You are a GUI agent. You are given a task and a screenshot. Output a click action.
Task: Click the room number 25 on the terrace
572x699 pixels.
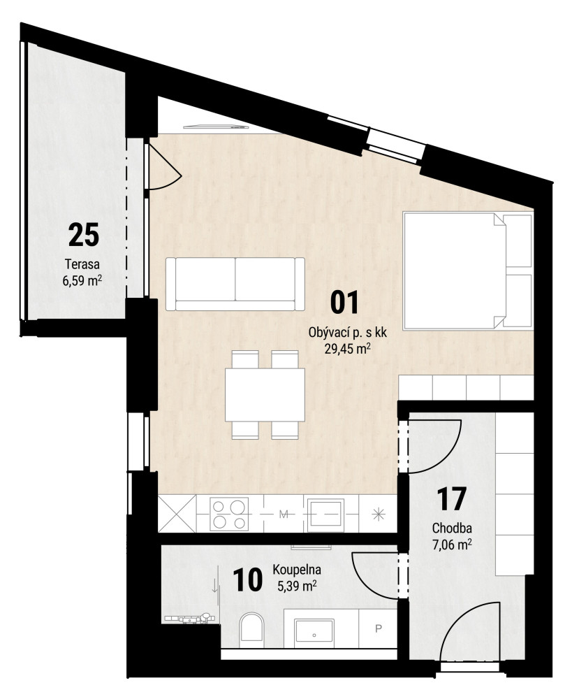(83, 235)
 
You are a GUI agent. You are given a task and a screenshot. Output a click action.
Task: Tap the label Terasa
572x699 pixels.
(82, 264)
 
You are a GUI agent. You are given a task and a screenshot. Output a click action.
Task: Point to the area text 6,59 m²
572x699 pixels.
(82, 281)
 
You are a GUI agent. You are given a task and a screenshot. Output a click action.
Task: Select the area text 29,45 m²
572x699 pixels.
(348, 348)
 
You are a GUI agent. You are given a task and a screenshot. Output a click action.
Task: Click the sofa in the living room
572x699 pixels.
(235, 284)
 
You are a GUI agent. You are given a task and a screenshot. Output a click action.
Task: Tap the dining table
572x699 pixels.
(265, 395)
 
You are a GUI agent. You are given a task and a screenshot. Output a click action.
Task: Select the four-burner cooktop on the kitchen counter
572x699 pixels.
(229, 514)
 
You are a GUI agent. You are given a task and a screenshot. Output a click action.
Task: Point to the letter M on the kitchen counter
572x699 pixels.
(284, 514)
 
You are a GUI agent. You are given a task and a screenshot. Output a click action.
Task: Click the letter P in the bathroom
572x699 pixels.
(379, 628)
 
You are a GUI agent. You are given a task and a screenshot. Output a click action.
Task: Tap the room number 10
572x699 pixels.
(247, 580)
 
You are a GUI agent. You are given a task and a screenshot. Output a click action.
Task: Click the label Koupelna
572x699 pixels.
(297, 569)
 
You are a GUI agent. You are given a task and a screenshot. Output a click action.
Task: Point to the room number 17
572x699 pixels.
(451, 499)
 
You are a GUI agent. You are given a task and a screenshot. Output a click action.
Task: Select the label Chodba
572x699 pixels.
(452, 528)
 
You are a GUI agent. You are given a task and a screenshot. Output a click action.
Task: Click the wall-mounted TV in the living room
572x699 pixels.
(216, 127)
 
